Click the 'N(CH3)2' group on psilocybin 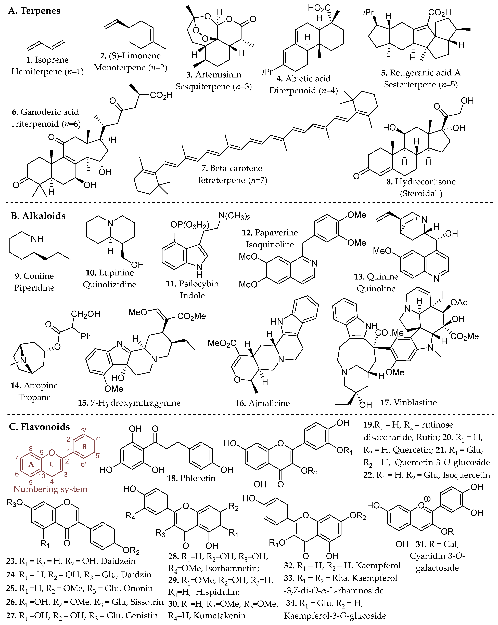(x=234, y=216)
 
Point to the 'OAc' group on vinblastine (x=459, y=302)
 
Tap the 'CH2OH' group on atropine (x=86, y=314)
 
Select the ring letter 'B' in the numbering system (x=84, y=447)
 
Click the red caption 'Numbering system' (x=50, y=489)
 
